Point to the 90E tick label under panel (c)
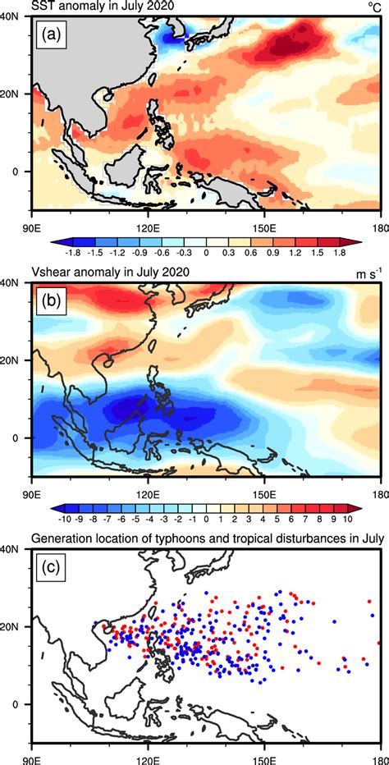(31, 759)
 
